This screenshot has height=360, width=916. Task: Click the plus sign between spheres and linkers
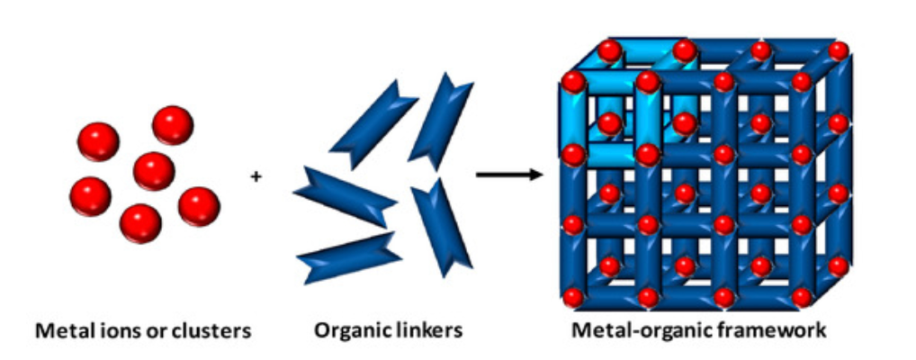pos(256,176)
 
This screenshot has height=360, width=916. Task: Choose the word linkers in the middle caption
pos(428,331)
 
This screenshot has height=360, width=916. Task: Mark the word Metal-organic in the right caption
pos(642,331)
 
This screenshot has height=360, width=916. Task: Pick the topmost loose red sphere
pos(172,125)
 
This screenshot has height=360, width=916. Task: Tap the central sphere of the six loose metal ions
pos(153,171)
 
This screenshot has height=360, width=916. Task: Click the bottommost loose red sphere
pos(140,223)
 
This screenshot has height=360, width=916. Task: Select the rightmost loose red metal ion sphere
pos(199,206)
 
